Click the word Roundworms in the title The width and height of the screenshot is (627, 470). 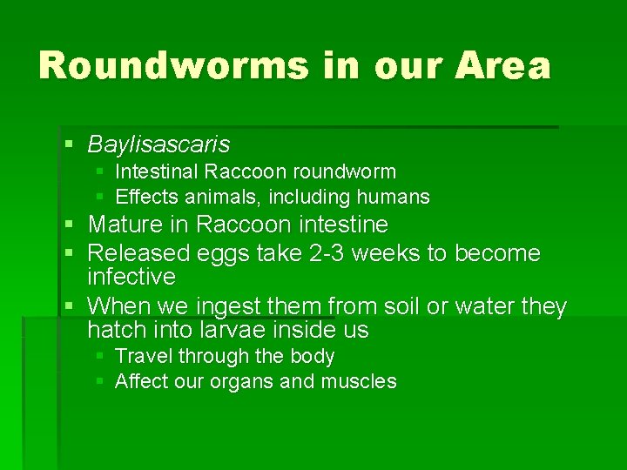point(171,66)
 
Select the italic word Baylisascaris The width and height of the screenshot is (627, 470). point(158,144)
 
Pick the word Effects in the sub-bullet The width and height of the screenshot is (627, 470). point(144,197)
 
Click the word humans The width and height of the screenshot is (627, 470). point(396,197)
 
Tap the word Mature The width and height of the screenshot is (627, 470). point(125,225)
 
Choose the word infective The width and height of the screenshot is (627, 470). point(131,278)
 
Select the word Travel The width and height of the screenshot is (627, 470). point(140,357)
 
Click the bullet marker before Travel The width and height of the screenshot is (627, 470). point(100,356)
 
